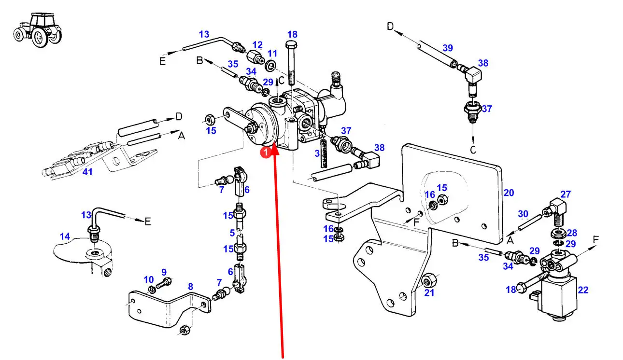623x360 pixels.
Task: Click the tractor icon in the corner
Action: click(38, 30)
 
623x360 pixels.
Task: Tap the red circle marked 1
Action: click(265, 152)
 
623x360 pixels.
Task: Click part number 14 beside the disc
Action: click(65, 236)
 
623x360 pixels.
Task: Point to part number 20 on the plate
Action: click(509, 193)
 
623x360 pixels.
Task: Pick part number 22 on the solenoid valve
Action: click(583, 290)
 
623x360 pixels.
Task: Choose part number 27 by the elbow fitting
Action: click(566, 194)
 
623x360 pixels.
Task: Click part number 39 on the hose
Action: click(448, 47)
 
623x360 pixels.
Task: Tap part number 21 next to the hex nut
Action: click(429, 292)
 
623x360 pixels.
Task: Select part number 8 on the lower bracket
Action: click(190, 287)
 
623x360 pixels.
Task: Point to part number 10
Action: click(148, 279)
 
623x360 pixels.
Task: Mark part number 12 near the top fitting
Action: click(257, 45)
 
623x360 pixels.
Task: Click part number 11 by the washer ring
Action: click(272, 53)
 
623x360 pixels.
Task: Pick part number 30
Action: click(523, 214)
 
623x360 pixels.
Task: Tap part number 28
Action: click(571, 233)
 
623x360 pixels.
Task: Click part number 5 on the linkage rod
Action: click(232, 233)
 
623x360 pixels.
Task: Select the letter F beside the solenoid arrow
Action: click(595, 239)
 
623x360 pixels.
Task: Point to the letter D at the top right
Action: click(390, 26)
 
